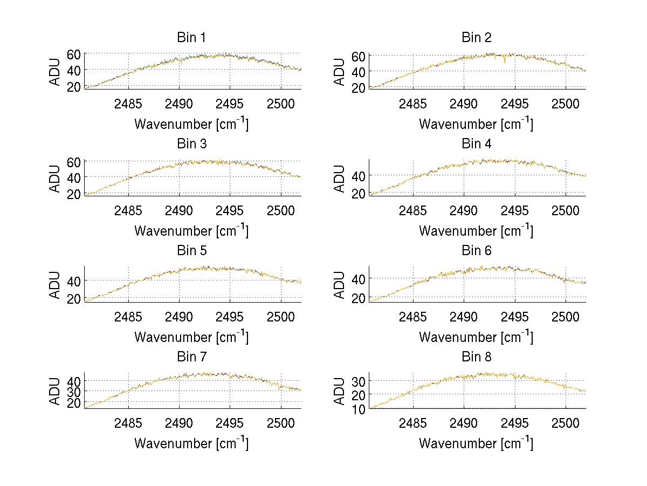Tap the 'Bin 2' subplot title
coord(476,38)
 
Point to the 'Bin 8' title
coord(476,357)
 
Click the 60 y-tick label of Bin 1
coord(73,54)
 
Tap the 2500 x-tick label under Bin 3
coord(281,209)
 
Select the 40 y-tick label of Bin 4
coord(358,176)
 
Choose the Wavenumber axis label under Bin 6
coord(476,337)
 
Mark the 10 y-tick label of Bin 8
coord(358,408)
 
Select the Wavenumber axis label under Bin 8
coord(476,443)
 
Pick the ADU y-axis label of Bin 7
coord(55,392)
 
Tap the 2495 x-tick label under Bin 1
coord(230,103)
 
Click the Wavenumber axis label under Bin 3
coord(191,230)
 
